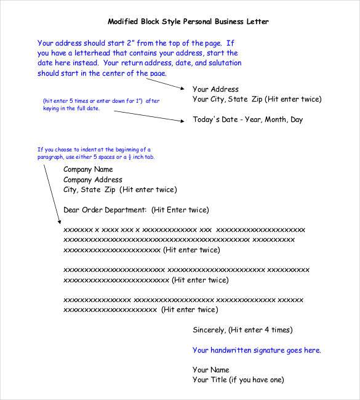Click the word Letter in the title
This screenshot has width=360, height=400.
point(256,22)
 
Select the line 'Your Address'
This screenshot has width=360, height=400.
point(215,89)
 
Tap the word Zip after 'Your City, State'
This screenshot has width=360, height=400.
point(258,99)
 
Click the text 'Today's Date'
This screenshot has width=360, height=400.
point(215,119)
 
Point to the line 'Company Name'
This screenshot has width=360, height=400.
point(88,169)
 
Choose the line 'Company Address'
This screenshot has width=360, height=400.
point(93,180)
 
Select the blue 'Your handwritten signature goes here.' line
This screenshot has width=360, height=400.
point(257,350)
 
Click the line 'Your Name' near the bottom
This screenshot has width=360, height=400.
point(210,370)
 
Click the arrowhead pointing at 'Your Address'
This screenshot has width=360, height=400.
point(184,89)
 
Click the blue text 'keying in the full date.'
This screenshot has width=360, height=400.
point(70,108)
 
